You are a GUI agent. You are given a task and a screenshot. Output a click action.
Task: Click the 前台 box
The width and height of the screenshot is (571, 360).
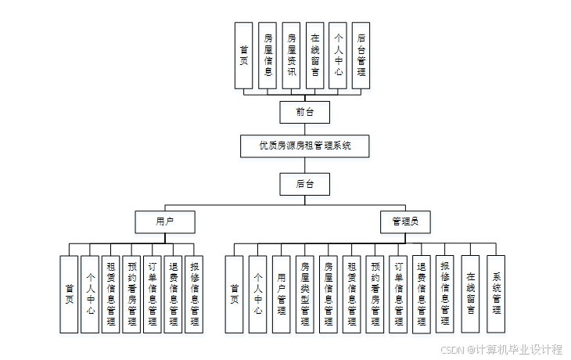point(304,112)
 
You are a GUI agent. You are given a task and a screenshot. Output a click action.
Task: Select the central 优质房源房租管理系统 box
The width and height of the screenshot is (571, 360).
point(304,146)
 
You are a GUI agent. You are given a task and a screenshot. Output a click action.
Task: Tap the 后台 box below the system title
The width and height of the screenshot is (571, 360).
point(304,184)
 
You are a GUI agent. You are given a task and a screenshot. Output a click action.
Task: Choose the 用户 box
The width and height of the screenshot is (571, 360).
point(164,222)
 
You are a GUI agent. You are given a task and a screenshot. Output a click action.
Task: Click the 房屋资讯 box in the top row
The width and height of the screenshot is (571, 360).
point(291,55)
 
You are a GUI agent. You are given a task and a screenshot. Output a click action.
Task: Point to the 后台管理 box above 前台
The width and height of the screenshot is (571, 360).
point(361,55)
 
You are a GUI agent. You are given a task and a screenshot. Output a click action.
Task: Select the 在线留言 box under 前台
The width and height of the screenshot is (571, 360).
point(314,55)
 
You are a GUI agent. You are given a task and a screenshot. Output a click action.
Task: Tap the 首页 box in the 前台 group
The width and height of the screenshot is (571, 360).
point(244,55)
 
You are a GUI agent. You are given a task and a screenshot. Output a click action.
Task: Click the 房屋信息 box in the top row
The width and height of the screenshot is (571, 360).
point(268,55)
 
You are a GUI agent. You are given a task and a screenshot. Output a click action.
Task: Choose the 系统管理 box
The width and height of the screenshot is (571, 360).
point(496,293)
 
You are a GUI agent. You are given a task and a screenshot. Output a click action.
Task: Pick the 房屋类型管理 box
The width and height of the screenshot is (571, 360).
point(305,293)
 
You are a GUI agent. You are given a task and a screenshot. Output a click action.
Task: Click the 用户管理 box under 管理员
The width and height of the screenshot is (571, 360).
point(282,293)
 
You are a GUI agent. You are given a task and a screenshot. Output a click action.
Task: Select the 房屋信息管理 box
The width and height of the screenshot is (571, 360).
point(329,293)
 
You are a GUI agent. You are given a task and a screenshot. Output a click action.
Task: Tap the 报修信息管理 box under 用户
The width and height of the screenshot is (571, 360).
point(194,293)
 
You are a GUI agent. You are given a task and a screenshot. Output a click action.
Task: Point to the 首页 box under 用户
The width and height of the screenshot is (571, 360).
point(69,293)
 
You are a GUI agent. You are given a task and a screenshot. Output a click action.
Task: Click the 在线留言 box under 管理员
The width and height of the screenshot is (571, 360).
point(470,293)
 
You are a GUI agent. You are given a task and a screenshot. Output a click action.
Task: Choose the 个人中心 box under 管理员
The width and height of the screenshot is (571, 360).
point(257,293)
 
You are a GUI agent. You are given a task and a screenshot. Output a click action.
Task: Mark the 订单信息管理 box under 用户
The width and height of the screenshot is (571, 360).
point(153,293)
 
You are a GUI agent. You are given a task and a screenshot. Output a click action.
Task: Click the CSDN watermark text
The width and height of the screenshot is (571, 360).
point(501,350)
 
